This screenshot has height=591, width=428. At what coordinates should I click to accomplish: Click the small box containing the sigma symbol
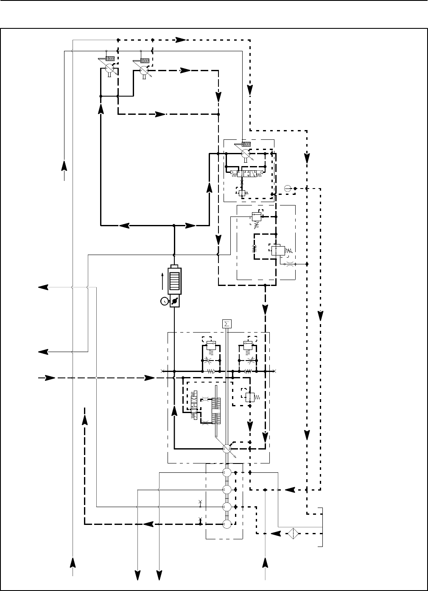point(227,324)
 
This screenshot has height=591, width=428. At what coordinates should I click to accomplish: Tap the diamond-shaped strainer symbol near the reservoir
point(293,533)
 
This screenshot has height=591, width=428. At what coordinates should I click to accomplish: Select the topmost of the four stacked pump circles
point(227,472)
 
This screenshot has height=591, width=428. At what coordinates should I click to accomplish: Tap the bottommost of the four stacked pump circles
point(227,524)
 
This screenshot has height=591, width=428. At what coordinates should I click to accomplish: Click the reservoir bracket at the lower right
point(322,527)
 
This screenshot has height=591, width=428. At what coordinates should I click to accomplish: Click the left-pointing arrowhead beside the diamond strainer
point(276,533)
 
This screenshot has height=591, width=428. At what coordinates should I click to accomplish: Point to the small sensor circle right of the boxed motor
point(288,188)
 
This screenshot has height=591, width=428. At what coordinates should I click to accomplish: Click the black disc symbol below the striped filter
point(174,301)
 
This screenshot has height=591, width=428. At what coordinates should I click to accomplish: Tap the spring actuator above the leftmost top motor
point(110,58)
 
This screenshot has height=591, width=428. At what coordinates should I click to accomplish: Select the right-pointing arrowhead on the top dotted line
point(181,40)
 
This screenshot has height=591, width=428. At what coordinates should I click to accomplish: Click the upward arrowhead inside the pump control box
point(174,411)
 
